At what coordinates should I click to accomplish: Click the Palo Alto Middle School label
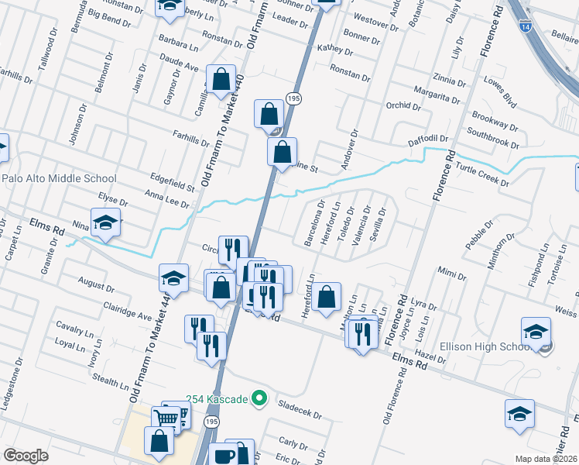point(59,178)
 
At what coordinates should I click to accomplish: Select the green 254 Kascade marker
point(260,400)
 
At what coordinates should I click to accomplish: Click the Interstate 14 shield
point(526,27)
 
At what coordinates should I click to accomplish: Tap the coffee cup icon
point(224,456)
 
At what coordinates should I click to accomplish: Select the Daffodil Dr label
point(428,140)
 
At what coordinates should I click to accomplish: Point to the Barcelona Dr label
point(313,224)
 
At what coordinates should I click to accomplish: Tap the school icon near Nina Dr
point(106,223)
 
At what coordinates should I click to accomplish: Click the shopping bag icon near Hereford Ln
point(327,295)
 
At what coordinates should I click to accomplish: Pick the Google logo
point(26,456)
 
